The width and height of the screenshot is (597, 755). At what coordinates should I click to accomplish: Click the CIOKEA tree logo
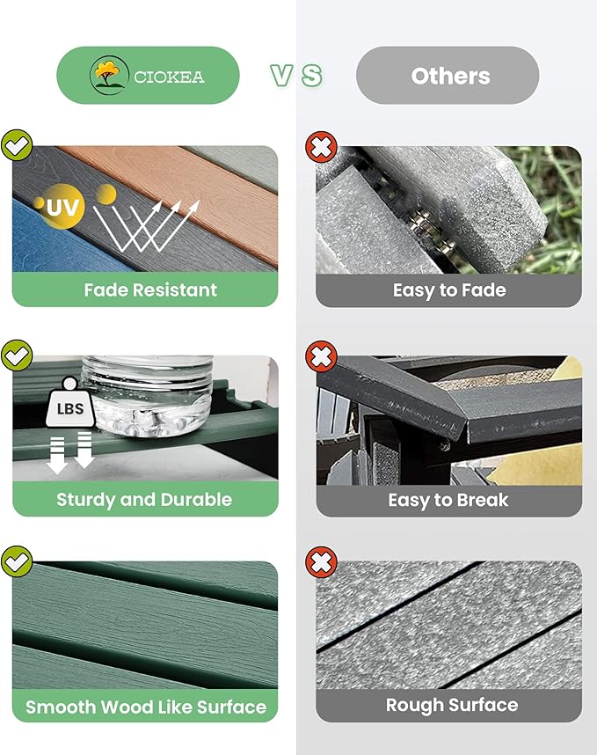109,75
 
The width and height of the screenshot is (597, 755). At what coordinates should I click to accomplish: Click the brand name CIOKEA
169,77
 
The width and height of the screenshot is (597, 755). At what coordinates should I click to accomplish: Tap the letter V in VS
281,76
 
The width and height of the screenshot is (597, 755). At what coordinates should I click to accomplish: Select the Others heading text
451,76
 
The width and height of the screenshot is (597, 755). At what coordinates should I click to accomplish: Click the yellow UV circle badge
61,207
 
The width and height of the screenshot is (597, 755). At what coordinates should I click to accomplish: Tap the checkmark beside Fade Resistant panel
17,145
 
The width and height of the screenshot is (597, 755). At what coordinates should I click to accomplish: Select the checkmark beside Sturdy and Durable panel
17,356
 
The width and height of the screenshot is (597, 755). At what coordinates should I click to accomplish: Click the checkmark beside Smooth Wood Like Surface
17,561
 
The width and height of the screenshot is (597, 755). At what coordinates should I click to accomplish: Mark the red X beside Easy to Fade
321,147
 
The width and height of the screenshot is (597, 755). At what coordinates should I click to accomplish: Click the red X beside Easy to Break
321,356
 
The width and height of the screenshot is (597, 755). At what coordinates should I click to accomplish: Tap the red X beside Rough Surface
321,562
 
